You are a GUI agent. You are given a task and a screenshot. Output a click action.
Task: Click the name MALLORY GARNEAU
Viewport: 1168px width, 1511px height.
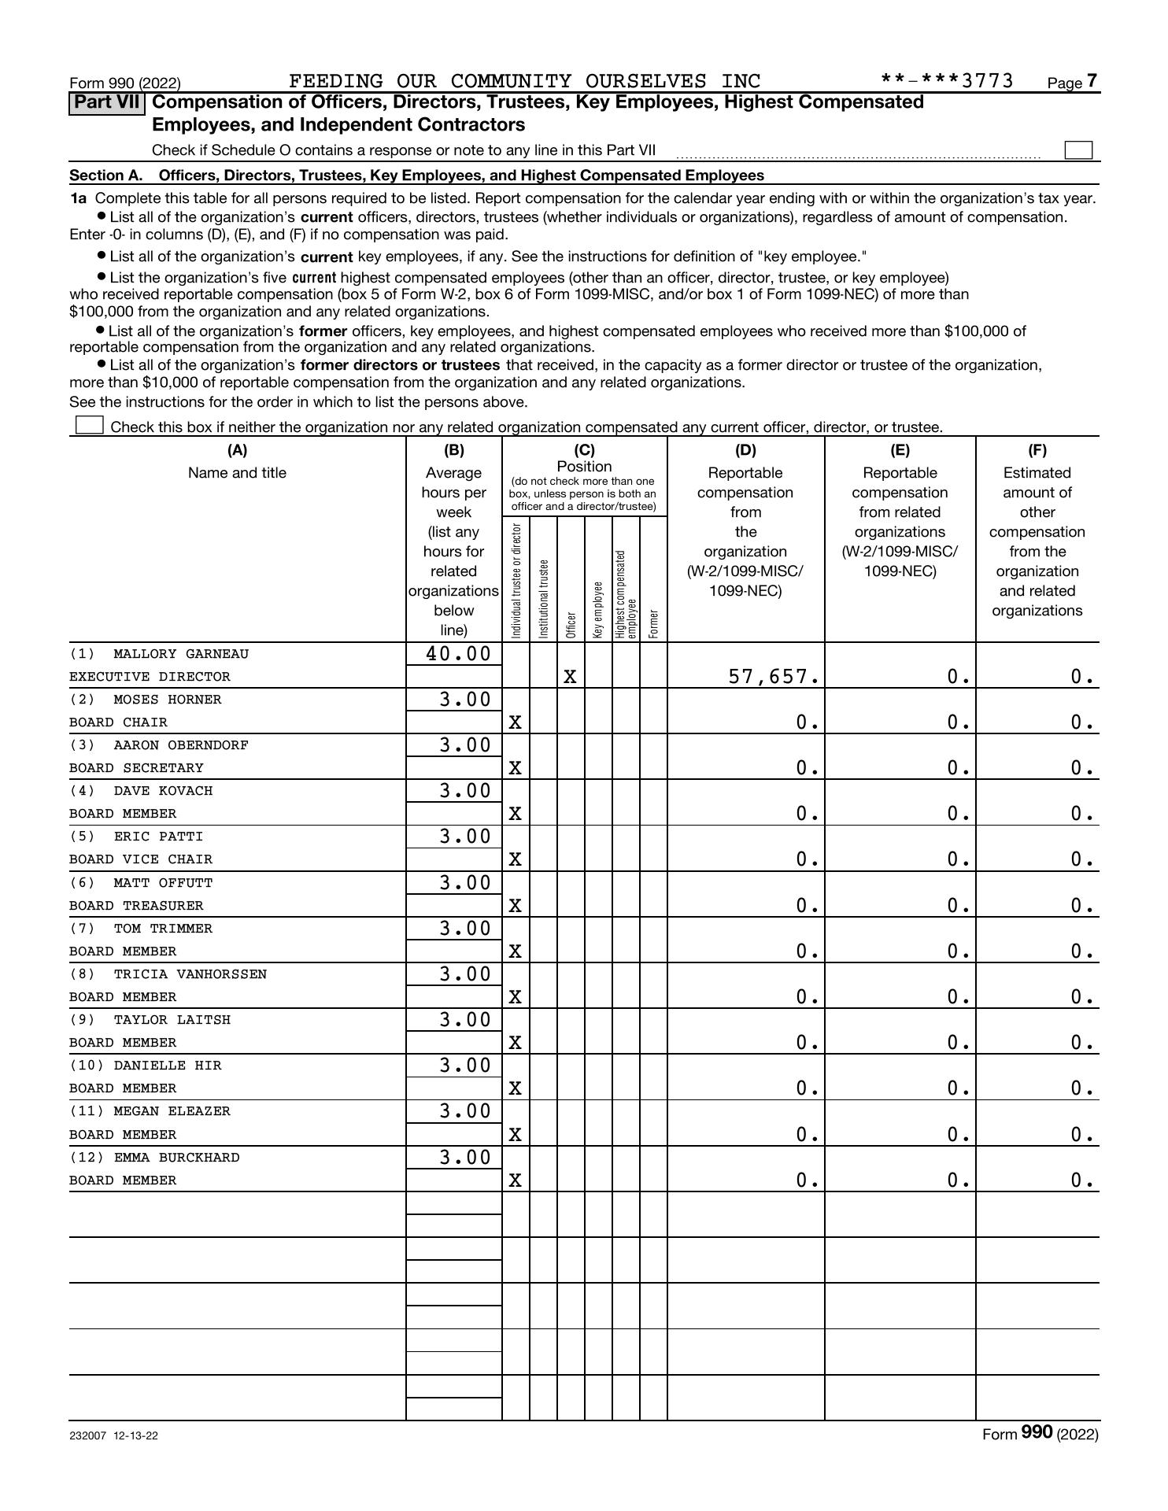tap(180, 654)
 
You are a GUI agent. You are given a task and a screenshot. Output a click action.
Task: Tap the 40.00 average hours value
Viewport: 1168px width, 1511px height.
tap(457, 654)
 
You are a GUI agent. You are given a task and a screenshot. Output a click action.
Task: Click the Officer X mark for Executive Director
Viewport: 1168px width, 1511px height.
tap(570, 677)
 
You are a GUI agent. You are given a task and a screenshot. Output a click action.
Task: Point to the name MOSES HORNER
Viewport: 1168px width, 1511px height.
tap(167, 700)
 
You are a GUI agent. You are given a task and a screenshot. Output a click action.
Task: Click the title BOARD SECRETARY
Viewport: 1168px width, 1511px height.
tap(136, 768)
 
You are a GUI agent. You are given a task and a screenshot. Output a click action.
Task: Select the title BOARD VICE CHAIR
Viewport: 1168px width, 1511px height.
tap(141, 859)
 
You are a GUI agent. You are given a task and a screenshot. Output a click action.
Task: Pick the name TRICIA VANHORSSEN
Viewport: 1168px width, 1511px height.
tap(190, 974)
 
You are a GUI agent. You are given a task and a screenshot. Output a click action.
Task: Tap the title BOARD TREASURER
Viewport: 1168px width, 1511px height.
tap(136, 906)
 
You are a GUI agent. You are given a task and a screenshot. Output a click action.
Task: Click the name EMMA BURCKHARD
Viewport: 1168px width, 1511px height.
tap(176, 1158)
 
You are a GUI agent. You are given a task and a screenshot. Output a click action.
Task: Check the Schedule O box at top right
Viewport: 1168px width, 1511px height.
tap(1077, 150)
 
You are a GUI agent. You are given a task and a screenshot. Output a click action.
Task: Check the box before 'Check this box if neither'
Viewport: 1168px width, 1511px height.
tap(89, 426)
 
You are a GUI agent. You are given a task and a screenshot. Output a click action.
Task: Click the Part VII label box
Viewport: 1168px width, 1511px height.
tap(107, 103)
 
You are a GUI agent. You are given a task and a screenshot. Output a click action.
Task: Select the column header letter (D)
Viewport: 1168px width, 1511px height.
tap(745, 450)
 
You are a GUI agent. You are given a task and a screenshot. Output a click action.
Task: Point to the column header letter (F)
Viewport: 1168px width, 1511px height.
tap(1037, 450)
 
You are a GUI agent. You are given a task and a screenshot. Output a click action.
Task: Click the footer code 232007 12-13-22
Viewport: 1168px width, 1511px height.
tap(113, 1435)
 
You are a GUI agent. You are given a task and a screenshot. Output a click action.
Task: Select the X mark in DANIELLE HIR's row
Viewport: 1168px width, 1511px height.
tap(515, 1088)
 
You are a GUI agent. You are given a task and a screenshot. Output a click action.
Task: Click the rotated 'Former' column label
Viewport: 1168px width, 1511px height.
tap(653, 624)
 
